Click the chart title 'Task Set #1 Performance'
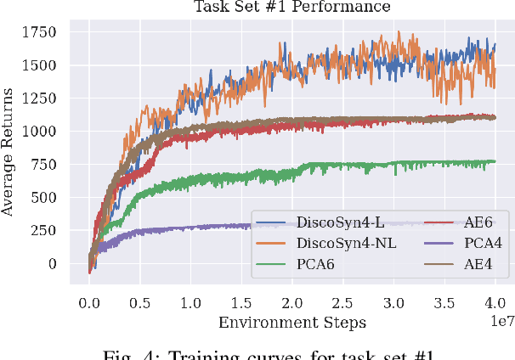click(292, 7)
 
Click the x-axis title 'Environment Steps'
click(292, 322)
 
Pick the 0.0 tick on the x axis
click(88, 302)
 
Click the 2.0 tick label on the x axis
click(291, 302)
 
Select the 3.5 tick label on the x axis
click(444, 302)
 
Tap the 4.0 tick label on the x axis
click(495, 302)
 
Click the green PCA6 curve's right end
click(495, 161)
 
